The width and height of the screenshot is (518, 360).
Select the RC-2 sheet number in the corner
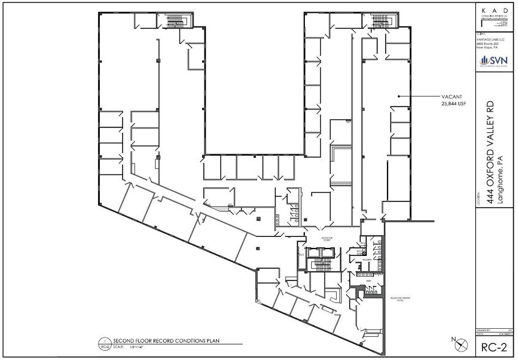tap(495, 346)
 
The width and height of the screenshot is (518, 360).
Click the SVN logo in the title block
tap(495, 59)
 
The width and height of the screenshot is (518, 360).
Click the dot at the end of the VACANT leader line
tap(399, 97)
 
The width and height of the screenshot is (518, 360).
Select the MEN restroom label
tap(361, 282)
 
